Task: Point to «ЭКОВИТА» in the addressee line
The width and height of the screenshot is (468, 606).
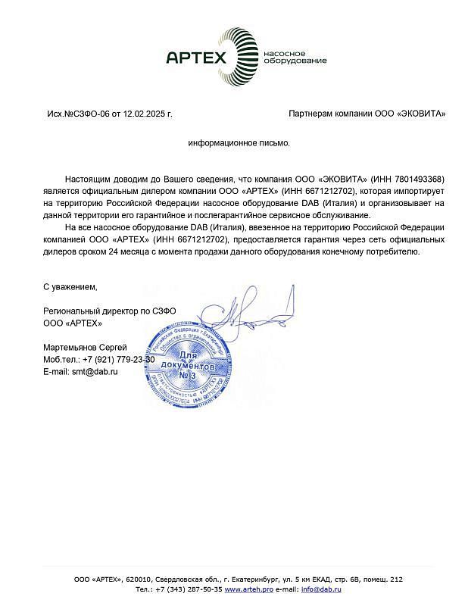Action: pos(420,114)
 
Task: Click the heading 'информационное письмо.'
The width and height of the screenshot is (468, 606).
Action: pos(239,142)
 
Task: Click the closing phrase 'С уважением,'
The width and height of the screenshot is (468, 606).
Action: pos(70,287)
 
